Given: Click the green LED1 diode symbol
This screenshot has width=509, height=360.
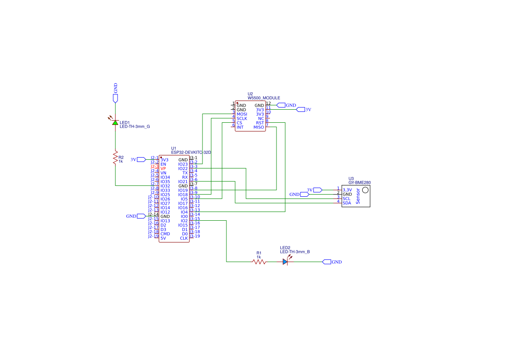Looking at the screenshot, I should (115, 123).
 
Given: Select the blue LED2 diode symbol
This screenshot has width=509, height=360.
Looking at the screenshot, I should (285, 262).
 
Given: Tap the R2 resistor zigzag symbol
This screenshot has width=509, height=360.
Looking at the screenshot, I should (115, 158).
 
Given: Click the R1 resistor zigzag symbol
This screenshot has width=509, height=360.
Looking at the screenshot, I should (259, 262).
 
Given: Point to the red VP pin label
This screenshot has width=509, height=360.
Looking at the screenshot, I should (163, 168).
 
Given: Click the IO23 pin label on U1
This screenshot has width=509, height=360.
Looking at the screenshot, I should (183, 164).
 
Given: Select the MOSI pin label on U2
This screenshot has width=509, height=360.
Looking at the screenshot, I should (242, 114).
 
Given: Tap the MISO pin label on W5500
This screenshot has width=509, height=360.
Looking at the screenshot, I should (259, 127).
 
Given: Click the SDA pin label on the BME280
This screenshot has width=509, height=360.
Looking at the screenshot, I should (347, 203).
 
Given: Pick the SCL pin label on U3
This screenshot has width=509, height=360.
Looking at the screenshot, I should (347, 199).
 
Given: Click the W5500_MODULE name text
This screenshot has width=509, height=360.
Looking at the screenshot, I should (264, 98).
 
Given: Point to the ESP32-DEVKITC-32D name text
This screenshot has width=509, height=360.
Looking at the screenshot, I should (191, 152).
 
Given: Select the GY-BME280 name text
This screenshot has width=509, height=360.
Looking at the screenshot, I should (360, 183).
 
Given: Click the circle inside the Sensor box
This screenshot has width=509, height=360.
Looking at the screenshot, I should (365, 190).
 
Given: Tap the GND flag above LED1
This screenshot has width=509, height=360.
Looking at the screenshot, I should (115, 98).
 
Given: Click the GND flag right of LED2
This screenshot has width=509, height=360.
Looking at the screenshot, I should (327, 262).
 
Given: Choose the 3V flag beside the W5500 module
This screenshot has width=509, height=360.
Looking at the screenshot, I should (300, 110).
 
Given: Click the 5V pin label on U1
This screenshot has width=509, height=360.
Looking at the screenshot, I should (163, 238).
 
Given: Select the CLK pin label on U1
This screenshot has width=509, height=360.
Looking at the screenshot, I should (184, 238).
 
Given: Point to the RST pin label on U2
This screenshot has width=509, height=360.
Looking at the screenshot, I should (260, 123).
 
